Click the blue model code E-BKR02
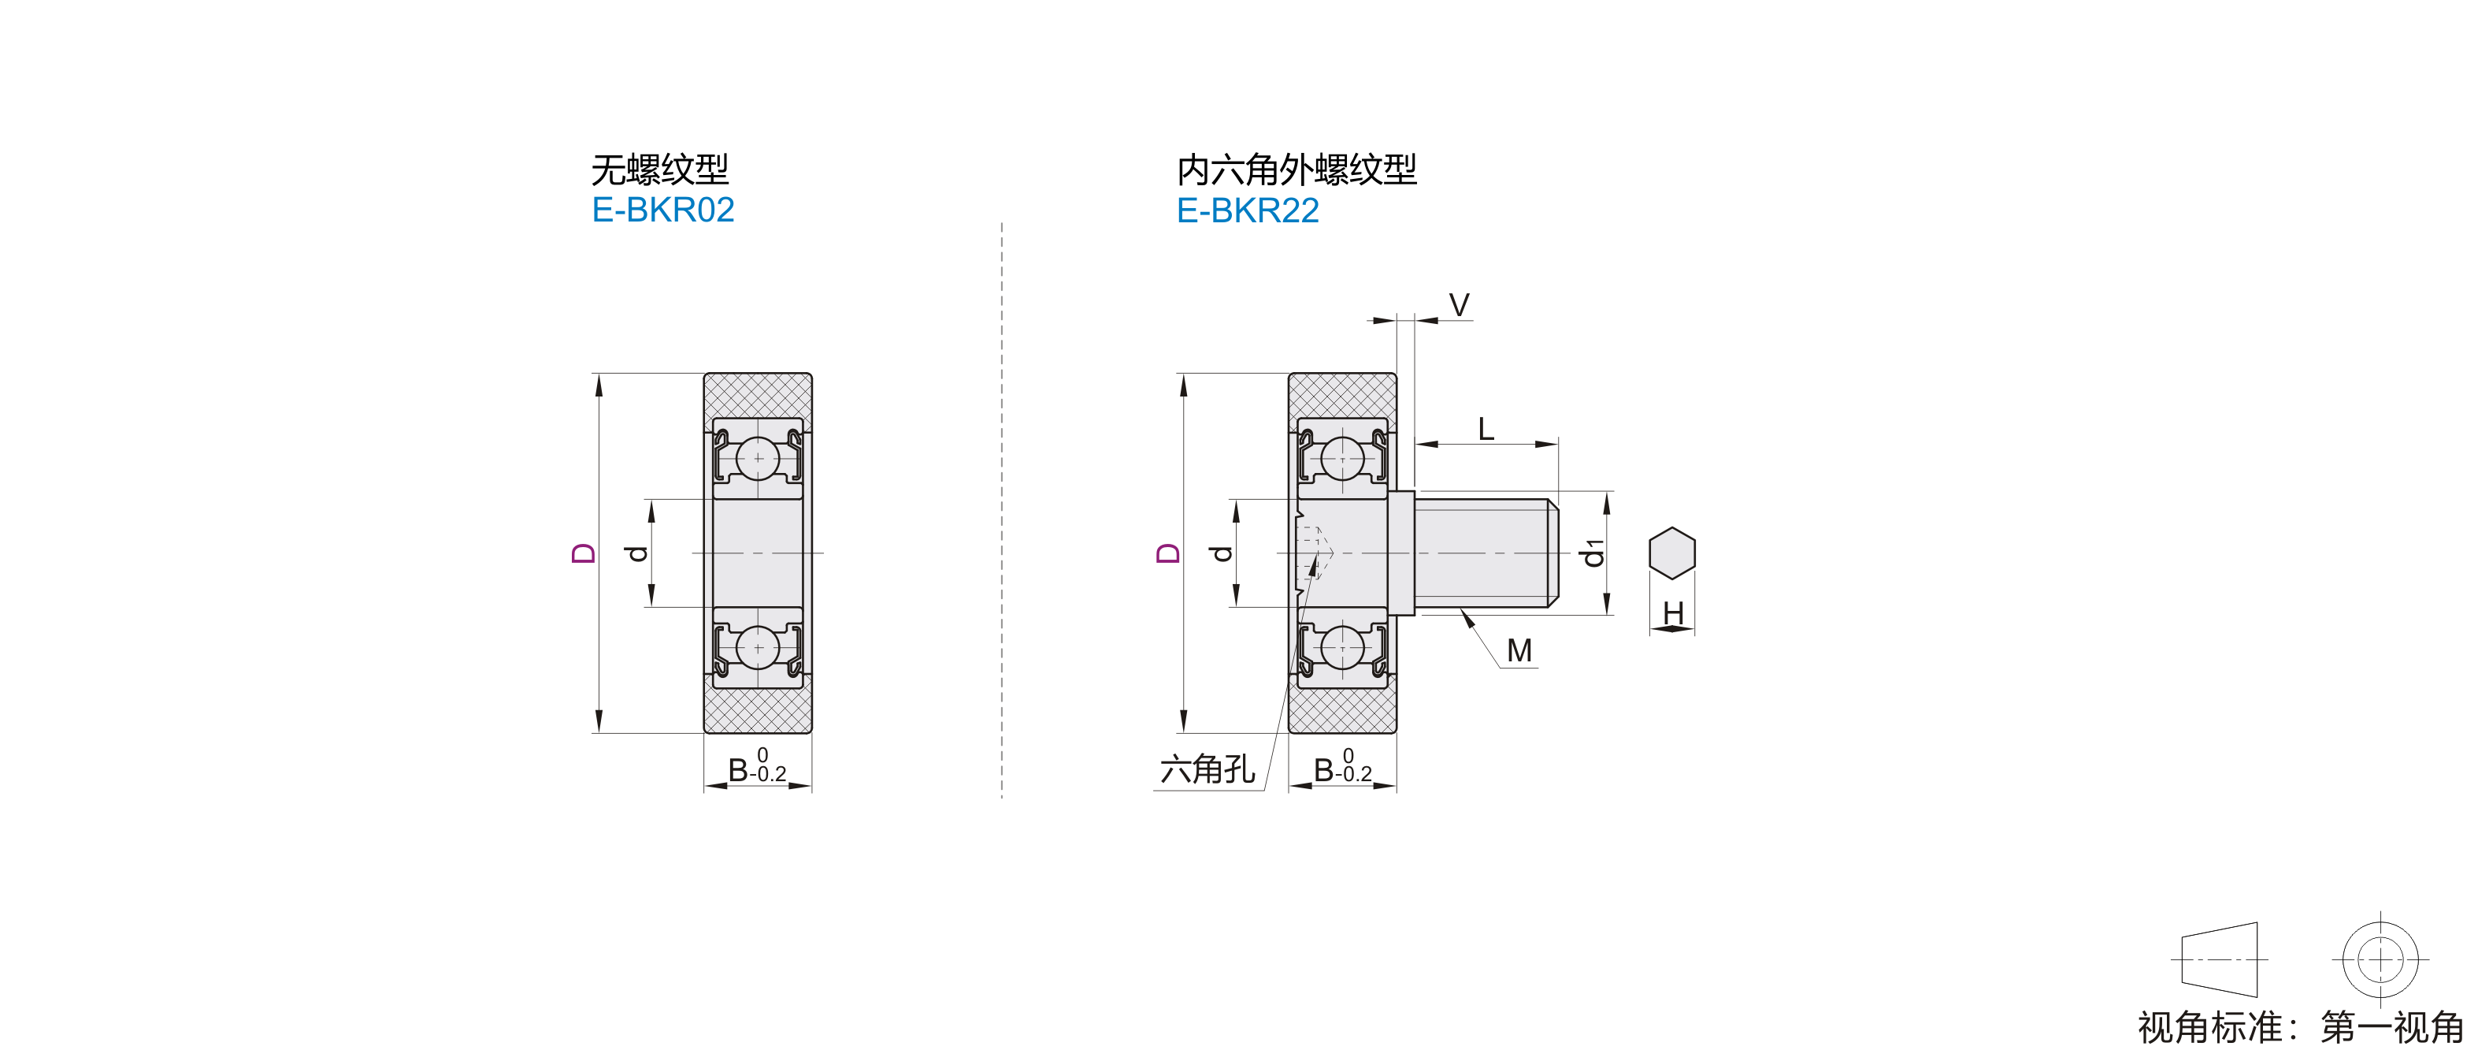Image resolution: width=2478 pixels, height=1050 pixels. pyautogui.click(x=662, y=210)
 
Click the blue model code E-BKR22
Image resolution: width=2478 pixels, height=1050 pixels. pyautogui.click(x=1248, y=210)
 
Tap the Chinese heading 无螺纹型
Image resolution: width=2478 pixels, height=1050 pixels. pyautogui.click(x=660, y=169)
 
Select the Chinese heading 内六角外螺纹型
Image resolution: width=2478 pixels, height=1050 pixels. pyautogui.click(x=1296, y=169)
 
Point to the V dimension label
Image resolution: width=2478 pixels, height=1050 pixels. pyautogui.click(x=1460, y=305)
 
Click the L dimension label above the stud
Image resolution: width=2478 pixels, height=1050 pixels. pyautogui.click(x=1486, y=428)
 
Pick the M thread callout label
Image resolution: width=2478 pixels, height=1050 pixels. pyautogui.click(x=1520, y=650)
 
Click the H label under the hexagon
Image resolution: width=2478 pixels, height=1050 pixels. pyautogui.click(x=1673, y=613)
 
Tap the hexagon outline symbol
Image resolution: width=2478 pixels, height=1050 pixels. pyautogui.click(x=1672, y=553)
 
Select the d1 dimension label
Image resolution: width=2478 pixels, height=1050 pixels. pyautogui.click(x=1594, y=553)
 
